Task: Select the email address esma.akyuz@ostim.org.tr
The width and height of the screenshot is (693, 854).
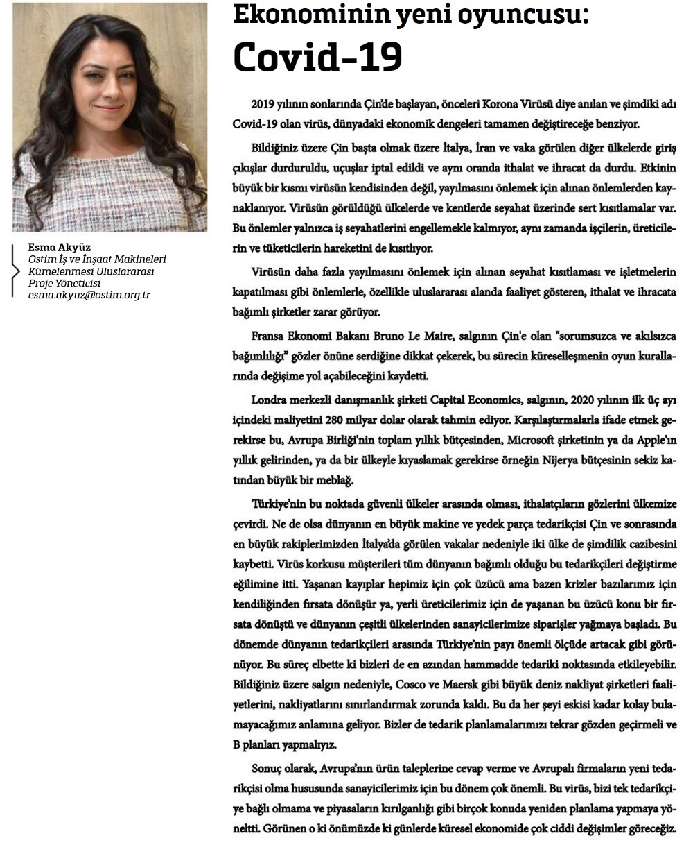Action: [x=89, y=295]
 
